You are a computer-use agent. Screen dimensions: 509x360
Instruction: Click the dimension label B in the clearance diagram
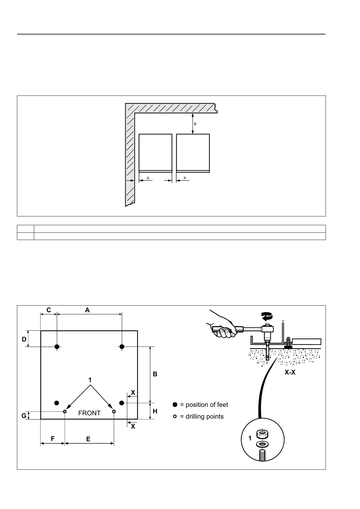pos(195,124)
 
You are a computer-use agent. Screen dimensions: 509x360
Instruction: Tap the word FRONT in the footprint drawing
pos(89,413)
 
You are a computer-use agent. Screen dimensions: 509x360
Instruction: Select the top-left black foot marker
pos(57,347)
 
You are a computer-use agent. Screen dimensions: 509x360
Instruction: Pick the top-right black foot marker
pos(122,347)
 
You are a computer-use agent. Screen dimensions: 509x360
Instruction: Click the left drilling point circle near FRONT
pos(65,411)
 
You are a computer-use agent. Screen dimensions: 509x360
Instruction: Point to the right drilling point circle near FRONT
pos(114,411)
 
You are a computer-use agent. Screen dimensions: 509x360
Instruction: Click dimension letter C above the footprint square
pos(48,310)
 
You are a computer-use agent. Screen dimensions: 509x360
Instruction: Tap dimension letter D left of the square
pos(24,339)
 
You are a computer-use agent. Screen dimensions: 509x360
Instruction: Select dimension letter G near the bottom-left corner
pos(24,416)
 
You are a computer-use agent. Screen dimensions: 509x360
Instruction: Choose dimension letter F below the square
pos(53,439)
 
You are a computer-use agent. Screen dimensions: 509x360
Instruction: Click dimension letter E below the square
pos(88,439)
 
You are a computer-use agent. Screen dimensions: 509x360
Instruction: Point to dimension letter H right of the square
pos(155,411)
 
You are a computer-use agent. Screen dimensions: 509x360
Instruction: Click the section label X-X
pos(290,373)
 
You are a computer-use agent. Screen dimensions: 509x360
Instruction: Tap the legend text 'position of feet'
pos(207,405)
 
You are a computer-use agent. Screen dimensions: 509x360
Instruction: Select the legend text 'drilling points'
pos(204,417)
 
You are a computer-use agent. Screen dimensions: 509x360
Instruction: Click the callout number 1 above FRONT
pos(90,380)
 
